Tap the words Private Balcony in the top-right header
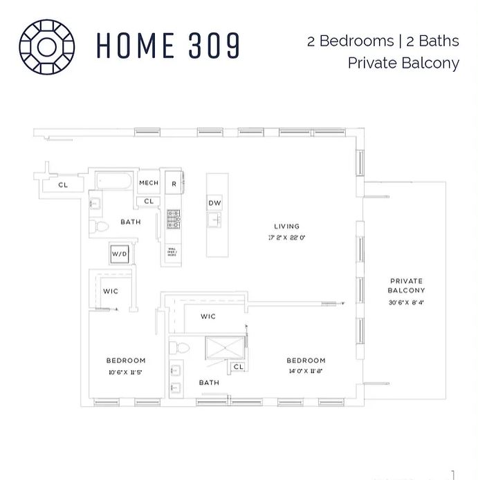[x=403, y=64]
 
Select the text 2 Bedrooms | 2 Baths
[x=383, y=40]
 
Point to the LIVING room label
[x=286, y=227]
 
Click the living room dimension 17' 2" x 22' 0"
[x=286, y=237]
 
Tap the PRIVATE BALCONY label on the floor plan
[x=406, y=285]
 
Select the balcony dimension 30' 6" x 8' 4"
[x=406, y=302]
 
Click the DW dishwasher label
[x=214, y=203]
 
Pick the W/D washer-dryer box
[x=120, y=255]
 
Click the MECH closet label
[x=149, y=183]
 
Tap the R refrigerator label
[x=174, y=184]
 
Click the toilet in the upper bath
[x=100, y=226]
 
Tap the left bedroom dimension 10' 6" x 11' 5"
[x=125, y=373]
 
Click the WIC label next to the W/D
[x=111, y=291]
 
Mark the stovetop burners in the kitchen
[x=173, y=220]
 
